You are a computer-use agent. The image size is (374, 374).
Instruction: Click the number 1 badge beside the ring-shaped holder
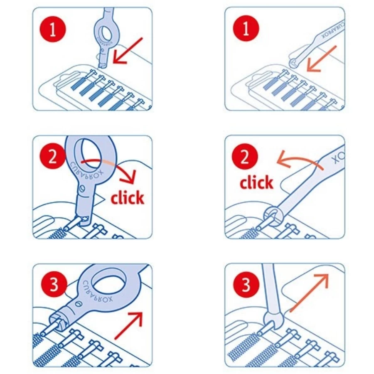click(x=53, y=30)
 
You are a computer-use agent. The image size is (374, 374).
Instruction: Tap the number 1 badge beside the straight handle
click(x=246, y=29)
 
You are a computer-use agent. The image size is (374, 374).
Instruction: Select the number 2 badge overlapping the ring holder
click(x=53, y=156)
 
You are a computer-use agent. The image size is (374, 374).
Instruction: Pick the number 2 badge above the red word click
click(x=245, y=157)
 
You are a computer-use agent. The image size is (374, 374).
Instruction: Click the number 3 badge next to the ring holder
click(x=54, y=285)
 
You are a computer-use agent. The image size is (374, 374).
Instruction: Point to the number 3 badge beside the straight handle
click(x=246, y=285)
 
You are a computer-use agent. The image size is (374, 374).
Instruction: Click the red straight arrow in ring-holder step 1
click(x=128, y=51)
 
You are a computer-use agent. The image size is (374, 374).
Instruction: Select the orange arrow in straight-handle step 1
click(x=321, y=59)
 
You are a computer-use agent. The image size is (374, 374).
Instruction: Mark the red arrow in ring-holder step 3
click(x=129, y=325)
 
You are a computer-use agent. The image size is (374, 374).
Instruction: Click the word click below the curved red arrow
click(x=128, y=197)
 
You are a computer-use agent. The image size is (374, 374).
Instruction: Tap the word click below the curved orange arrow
click(x=256, y=182)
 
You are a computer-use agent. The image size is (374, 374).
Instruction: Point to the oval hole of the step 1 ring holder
click(x=105, y=32)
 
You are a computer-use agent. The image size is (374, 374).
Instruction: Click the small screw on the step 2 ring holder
click(x=82, y=189)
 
